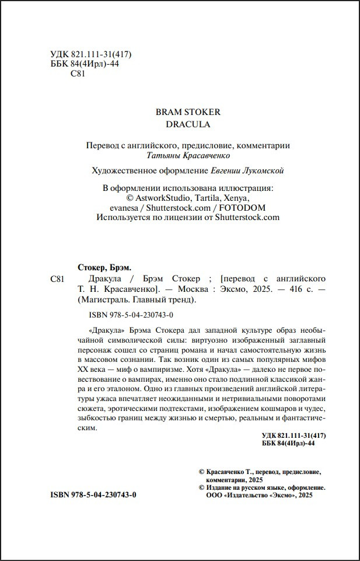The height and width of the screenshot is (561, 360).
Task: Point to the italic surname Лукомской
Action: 265,170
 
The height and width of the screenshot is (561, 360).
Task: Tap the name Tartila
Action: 202,198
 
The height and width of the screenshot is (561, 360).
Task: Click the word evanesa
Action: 125,207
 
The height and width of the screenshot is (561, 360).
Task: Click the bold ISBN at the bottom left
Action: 93,494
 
